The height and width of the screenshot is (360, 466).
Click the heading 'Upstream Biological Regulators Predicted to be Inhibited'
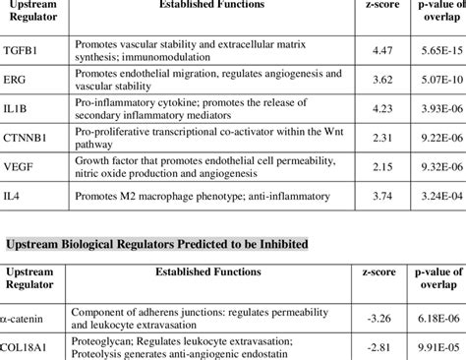pyautogui.click(x=157, y=242)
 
